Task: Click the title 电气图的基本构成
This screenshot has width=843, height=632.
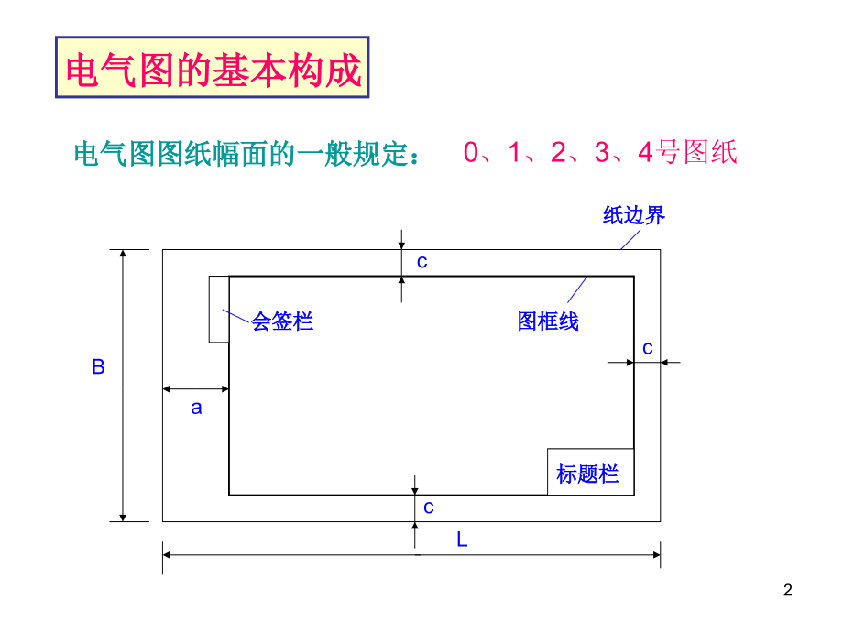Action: pyautogui.click(x=213, y=70)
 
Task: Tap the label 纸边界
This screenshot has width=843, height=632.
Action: pyautogui.click(x=634, y=215)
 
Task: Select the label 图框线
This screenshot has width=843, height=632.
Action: pyautogui.click(x=548, y=321)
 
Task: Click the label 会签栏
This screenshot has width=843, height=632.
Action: pyautogui.click(x=282, y=321)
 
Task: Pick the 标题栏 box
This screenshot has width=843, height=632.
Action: pyautogui.click(x=590, y=472)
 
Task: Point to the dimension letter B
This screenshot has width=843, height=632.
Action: pyautogui.click(x=98, y=367)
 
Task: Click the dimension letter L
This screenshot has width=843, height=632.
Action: pyautogui.click(x=462, y=539)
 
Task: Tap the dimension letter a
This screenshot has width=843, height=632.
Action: pyautogui.click(x=196, y=408)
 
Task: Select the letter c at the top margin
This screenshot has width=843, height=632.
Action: pyautogui.click(x=422, y=262)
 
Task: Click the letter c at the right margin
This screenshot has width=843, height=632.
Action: pyautogui.click(x=648, y=348)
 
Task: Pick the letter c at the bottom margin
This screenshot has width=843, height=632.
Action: pyautogui.click(x=429, y=507)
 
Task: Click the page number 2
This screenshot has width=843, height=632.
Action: pyautogui.click(x=788, y=590)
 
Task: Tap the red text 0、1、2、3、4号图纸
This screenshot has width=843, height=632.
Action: pyautogui.click(x=600, y=152)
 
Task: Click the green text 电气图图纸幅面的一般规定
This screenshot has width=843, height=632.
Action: pyautogui.click(x=246, y=154)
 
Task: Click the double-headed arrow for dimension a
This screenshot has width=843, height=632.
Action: pyautogui.click(x=196, y=388)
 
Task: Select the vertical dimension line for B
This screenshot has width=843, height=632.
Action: pyautogui.click(x=123, y=386)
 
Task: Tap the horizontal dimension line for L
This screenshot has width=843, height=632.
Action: pyautogui.click(x=411, y=555)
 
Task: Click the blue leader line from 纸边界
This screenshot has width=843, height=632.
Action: pyautogui.click(x=630, y=240)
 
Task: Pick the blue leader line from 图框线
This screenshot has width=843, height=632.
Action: pyautogui.click(x=577, y=289)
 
